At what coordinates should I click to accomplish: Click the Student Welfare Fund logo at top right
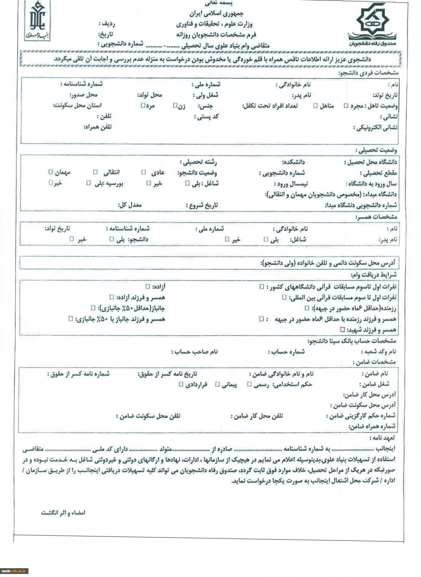pos(373,24)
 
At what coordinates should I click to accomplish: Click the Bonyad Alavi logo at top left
pos(37,21)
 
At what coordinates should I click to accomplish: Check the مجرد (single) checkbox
pos(346,106)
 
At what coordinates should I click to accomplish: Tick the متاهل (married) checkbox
pos(315,106)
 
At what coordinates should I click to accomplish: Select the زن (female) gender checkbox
pos(175,106)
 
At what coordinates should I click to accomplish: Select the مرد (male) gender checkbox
pos(143,105)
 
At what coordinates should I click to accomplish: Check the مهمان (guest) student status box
pos(50,172)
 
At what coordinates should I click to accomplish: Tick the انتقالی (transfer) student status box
pos(95,172)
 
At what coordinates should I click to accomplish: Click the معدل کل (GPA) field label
pos(130,205)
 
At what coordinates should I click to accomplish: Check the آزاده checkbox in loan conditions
pos(148,286)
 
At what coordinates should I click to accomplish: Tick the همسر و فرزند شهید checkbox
pos(342,329)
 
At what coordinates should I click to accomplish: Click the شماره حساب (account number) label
pos(286,352)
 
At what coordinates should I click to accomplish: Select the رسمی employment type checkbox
pos(249,384)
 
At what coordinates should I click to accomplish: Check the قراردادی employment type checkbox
pos(181,384)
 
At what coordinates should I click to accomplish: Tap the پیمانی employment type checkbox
pos(218,384)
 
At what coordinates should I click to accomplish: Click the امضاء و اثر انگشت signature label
pos(63,513)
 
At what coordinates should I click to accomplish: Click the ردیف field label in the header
pos(107,24)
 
